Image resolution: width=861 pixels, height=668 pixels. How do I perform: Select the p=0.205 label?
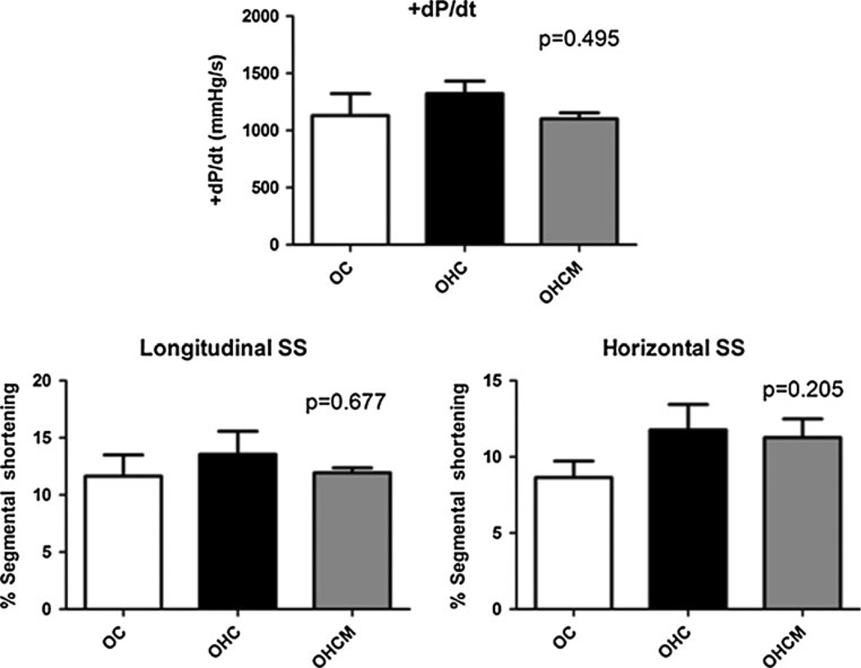(799, 389)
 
